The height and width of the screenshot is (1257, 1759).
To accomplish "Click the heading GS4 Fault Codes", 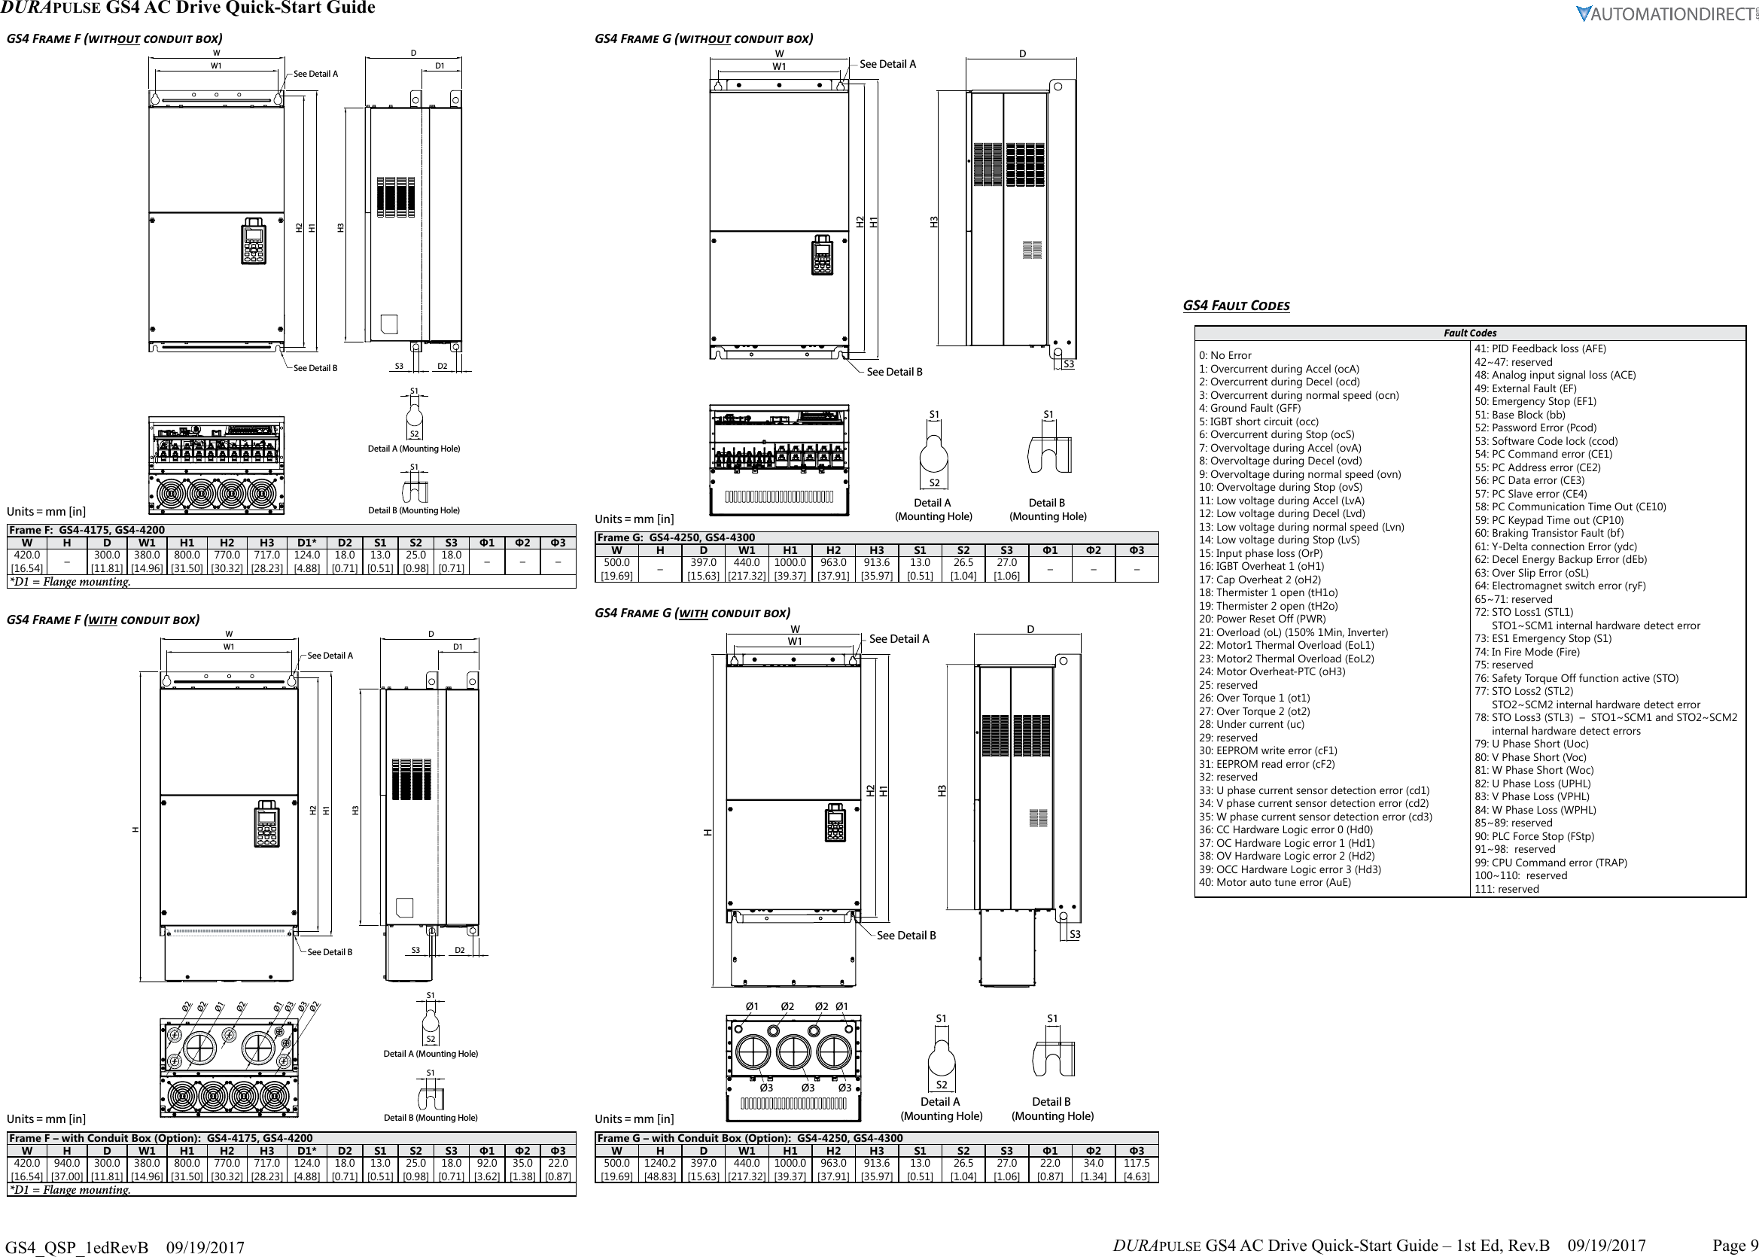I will tap(1236, 305).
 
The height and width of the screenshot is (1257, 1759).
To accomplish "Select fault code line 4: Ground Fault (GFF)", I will tap(1249, 408).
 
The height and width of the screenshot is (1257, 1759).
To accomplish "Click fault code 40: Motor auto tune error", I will tap(1274, 882).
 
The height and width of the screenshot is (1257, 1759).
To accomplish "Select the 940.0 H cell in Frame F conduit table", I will tap(66, 1170).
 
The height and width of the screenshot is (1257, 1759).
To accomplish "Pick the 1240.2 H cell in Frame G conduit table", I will tap(659, 1170).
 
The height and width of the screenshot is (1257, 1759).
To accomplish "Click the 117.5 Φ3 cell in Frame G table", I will tap(1136, 1170).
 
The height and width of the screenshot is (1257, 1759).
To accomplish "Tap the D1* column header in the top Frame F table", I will tap(307, 543).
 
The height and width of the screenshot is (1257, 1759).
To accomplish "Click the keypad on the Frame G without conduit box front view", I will tap(822, 255).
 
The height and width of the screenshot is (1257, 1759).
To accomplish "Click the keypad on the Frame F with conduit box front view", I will tap(267, 823).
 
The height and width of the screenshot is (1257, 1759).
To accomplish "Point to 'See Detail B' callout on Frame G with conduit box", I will tap(905, 936).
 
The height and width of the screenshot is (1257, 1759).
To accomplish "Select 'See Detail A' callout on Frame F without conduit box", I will tap(315, 75).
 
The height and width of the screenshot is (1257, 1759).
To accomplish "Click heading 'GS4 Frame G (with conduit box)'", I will tap(692, 613).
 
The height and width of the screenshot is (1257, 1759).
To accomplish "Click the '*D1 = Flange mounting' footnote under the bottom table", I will tap(70, 1190).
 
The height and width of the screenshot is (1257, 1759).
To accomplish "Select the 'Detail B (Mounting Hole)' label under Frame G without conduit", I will tap(1047, 510).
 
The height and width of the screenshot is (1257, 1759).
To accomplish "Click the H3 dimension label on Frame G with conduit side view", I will tap(942, 790).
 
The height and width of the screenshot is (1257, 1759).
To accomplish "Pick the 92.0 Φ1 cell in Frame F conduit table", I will tap(487, 1170).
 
